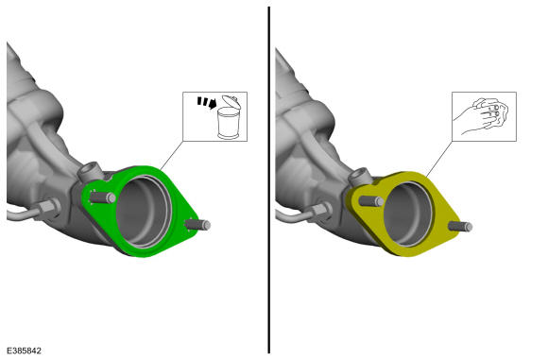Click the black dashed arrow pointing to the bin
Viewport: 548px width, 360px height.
point(207,102)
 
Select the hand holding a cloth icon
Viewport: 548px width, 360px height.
point(482,116)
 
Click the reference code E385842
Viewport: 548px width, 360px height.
point(25,351)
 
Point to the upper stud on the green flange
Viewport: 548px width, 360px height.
point(103,197)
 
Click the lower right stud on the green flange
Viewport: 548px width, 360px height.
point(197,224)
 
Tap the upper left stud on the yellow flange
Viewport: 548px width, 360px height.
point(371,201)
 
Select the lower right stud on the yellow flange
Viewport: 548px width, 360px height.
point(460,227)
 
